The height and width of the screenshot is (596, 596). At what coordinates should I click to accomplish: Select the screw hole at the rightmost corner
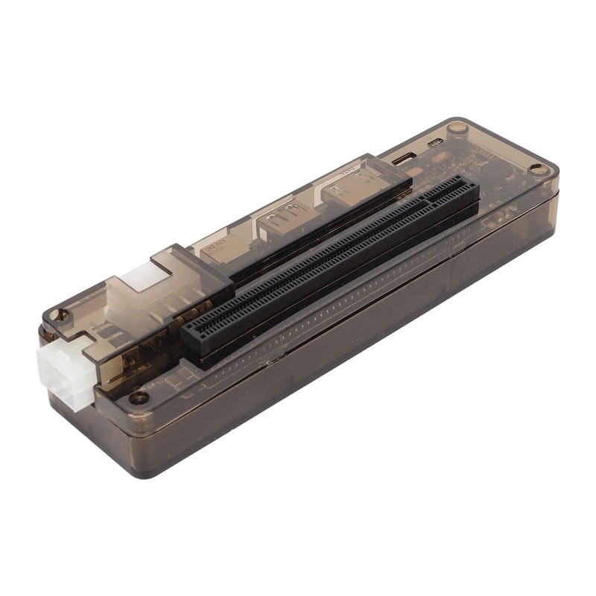(x=539, y=170)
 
